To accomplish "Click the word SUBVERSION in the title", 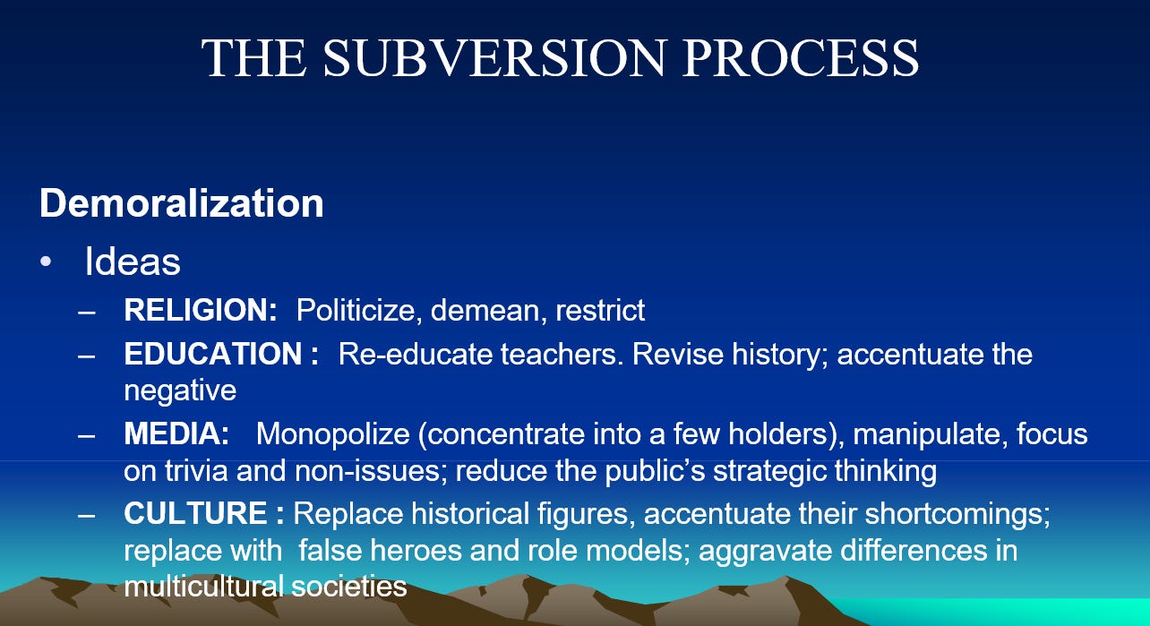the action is click(x=495, y=57).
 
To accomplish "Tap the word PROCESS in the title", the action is click(x=801, y=57).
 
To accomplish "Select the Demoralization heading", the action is click(x=181, y=203).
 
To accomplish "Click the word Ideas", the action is click(x=133, y=262).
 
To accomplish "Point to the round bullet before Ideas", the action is click(x=46, y=262).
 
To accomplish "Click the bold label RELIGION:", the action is click(x=201, y=310).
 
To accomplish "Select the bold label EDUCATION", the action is click(x=213, y=354).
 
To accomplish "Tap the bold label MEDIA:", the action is click(x=176, y=433).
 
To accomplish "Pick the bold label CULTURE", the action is click(x=195, y=513).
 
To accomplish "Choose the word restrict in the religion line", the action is click(x=600, y=310).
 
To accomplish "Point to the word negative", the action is click(x=180, y=391).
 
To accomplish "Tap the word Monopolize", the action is click(x=332, y=434).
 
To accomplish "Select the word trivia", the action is click(x=196, y=470).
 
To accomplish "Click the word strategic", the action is click(x=769, y=471).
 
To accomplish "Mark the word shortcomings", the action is click(x=957, y=514).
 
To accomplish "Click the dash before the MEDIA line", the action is click(x=87, y=435).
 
